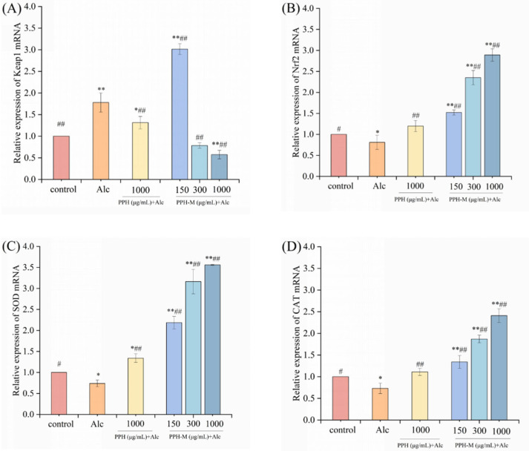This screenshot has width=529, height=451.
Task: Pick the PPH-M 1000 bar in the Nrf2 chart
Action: tap(492, 116)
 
